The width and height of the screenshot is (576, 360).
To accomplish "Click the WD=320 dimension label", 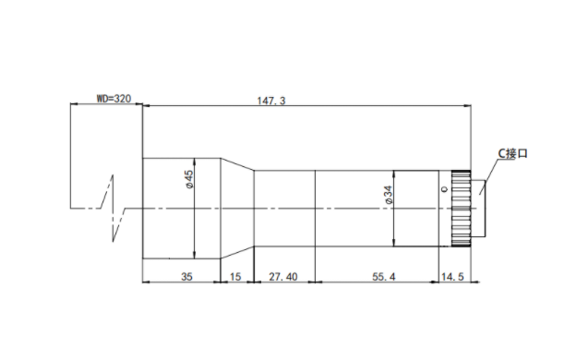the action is [114, 99].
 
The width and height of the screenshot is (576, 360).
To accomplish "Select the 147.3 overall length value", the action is [271, 101].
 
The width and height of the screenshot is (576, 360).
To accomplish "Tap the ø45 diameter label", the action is [189, 179].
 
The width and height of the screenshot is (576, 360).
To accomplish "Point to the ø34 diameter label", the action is [389, 195].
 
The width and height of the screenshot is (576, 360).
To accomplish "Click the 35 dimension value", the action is [186, 277].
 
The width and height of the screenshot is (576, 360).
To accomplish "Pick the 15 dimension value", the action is [235, 277].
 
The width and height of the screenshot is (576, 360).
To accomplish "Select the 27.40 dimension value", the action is [282, 277].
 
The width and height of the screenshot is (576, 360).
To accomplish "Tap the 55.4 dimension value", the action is [384, 277].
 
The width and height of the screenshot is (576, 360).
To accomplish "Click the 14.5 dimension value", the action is [452, 277].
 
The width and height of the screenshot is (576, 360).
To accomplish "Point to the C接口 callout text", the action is [513, 153].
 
